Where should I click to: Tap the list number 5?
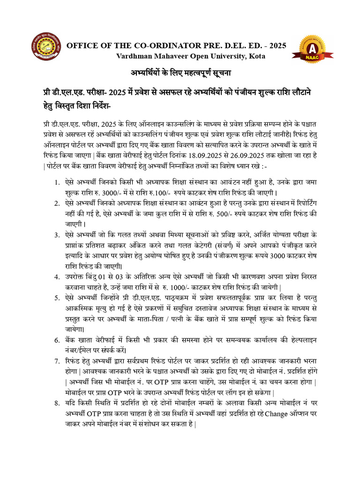coord(57,298)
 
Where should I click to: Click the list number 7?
coord(57,361)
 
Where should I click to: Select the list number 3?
coord(57,234)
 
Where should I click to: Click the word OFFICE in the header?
coord(82,46)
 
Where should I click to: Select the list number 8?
coord(57,402)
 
